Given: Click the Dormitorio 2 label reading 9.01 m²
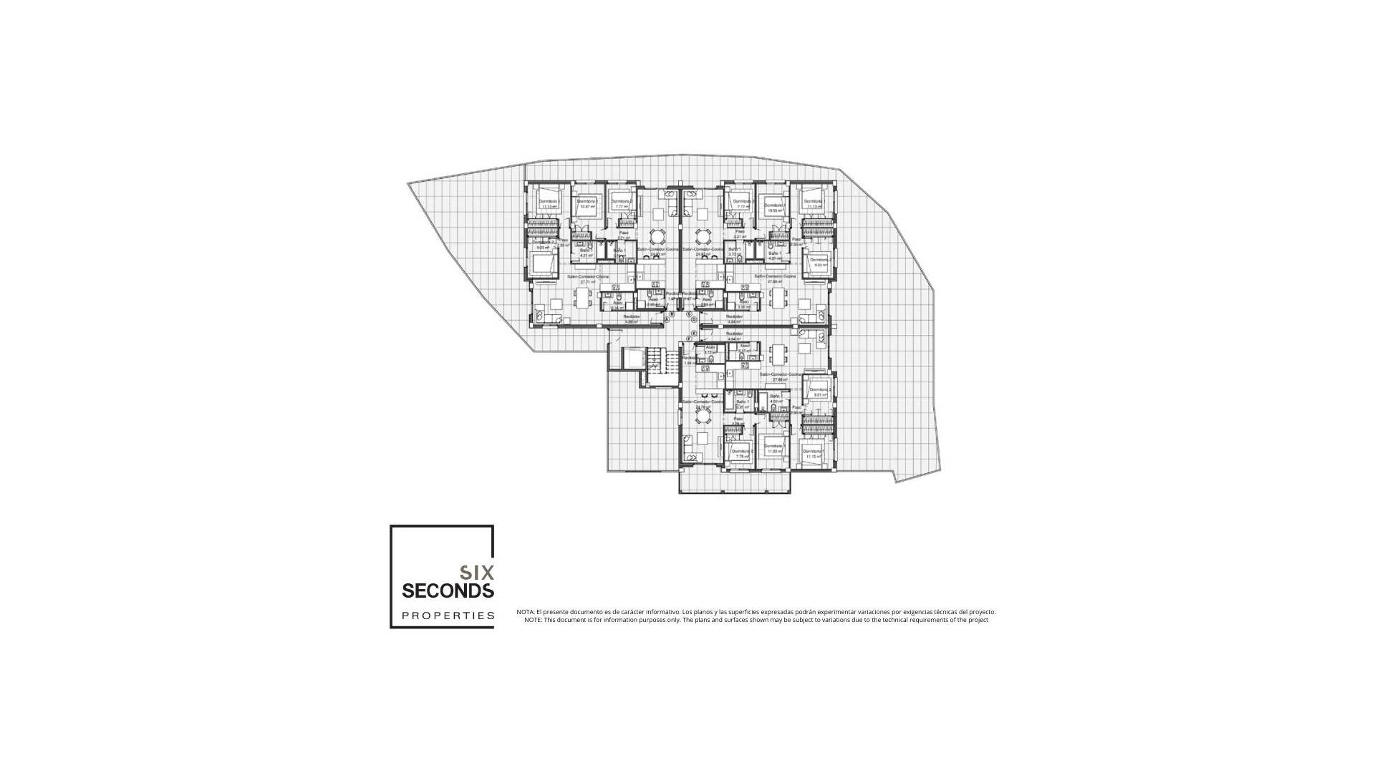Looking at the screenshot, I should point(820,392).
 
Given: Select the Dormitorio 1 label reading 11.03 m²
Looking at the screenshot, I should point(774,449).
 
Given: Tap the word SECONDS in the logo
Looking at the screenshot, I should point(448,591).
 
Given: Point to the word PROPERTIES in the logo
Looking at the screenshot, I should point(448,616).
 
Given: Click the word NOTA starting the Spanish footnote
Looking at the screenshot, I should point(525,612).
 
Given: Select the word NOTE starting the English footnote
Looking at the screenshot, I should point(533,620).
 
